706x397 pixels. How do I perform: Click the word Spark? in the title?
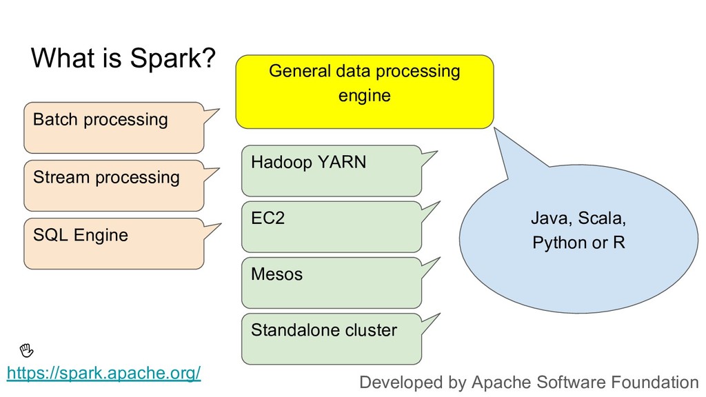(173, 59)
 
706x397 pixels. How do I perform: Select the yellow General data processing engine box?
(365, 92)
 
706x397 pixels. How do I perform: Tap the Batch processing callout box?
(114, 128)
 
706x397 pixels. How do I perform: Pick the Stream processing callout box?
(114, 185)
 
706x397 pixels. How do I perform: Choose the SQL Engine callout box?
(114, 243)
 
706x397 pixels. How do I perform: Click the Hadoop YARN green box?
(332, 171)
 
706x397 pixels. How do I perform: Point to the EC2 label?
(268, 218)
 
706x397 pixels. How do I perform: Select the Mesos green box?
(332, 283)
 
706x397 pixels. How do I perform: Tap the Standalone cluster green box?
(332, 339)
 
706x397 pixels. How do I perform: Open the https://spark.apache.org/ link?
(103, 373)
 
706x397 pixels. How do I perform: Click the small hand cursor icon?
(27, 349)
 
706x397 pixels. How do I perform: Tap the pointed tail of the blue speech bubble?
(495, 128)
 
